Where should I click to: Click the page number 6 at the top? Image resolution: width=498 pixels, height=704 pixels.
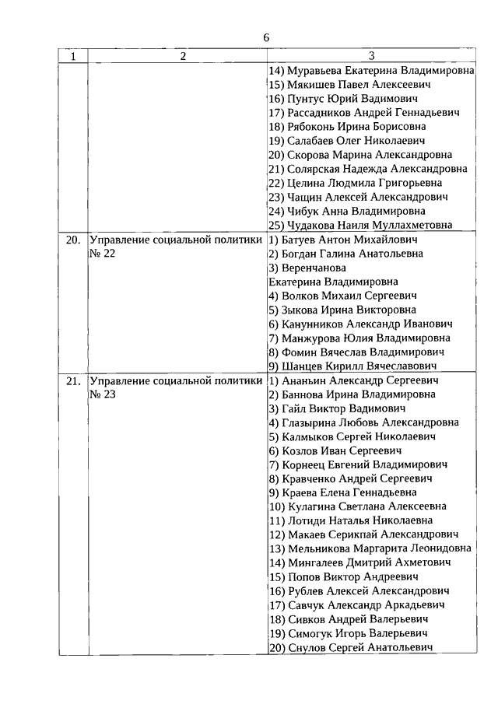pyautogui.click(x=266, y=38)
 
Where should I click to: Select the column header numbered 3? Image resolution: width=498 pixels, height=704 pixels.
pyautogui.click(x=371, y=56)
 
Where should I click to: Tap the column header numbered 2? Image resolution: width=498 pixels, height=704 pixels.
pyautogui.click(x=183, y=56)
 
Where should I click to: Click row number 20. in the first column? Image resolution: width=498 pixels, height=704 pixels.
pyautogui.click(x=73, y=240)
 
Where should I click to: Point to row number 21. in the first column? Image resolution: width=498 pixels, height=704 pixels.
pyautogui.click(x=73, y=381)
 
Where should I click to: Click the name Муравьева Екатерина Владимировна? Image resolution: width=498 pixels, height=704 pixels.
pyautogui.click(x=371, y=70)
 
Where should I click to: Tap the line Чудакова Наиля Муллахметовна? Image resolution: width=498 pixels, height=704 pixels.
pyautogui.click(x=370, y=226)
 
